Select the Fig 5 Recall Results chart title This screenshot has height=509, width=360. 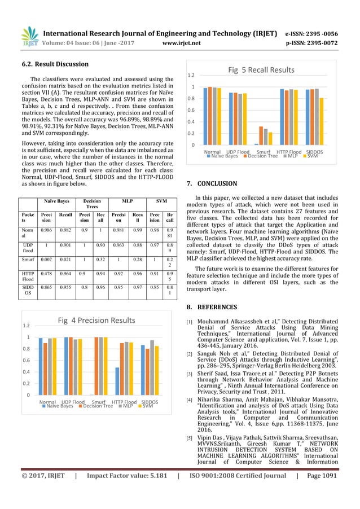261,70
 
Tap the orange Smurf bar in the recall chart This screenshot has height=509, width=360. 261,135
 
